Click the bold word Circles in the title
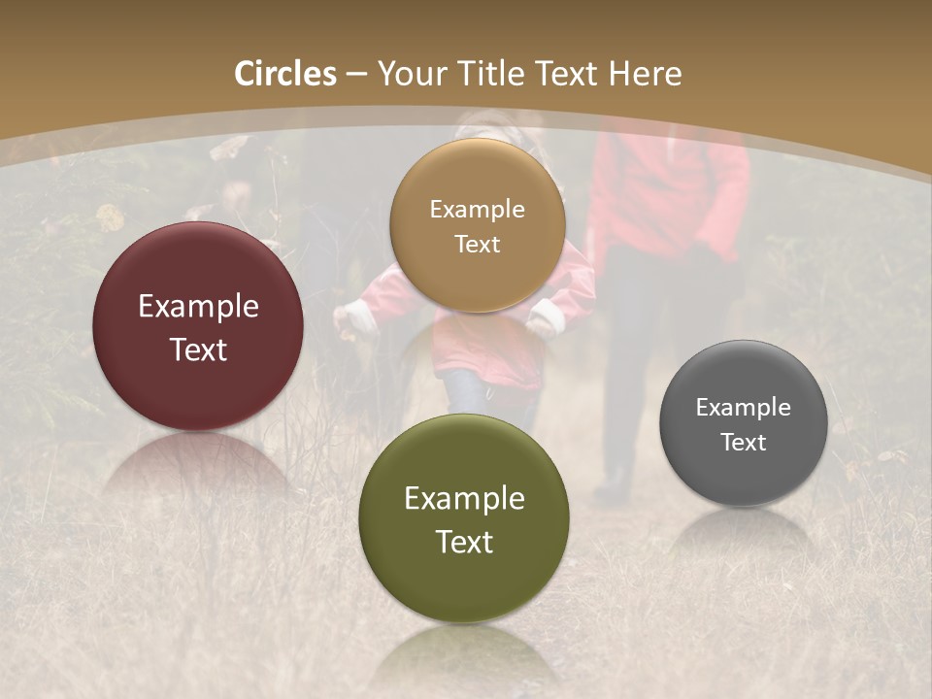point(285,74)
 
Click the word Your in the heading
point(412,74)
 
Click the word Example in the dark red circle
point(198,307)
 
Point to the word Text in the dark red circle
point(198,349)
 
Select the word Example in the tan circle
point(477,210)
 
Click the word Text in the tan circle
point(477,244)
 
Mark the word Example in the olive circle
point(464,499)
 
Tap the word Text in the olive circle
point(464,542)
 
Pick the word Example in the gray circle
point(744,408)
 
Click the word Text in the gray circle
point(744,443)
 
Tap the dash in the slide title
point(356,74)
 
